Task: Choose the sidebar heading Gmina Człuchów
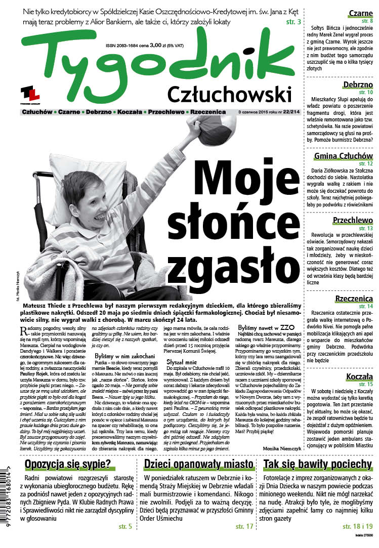(x=343, y=155)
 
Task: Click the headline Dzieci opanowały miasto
(x=198, y=465)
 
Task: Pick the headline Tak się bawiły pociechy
(x=317, y=465)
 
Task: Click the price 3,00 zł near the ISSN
(x=158, y=30)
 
